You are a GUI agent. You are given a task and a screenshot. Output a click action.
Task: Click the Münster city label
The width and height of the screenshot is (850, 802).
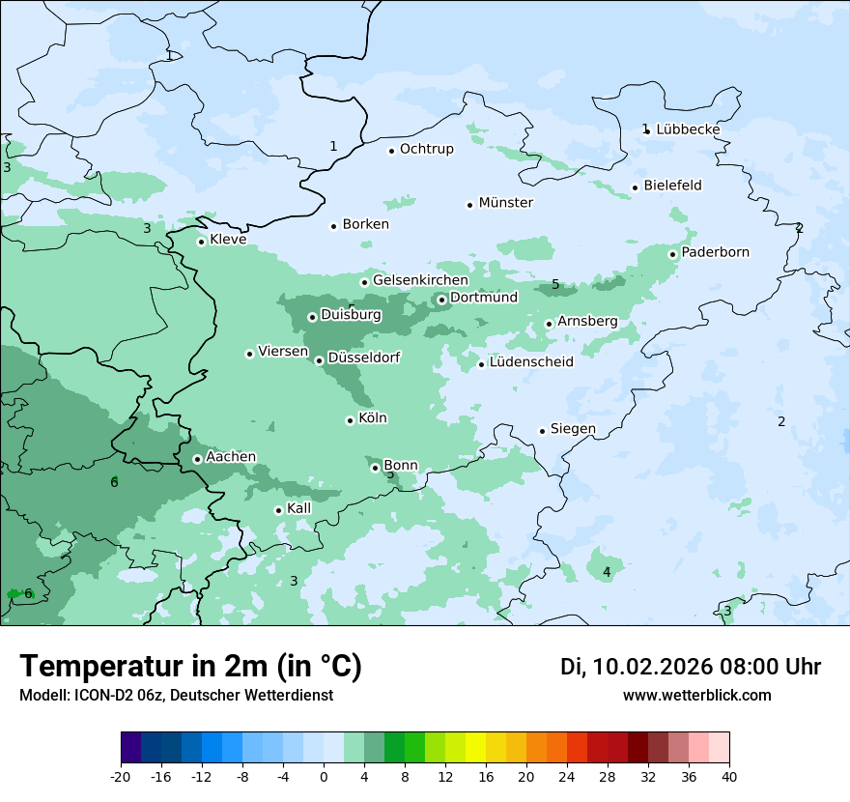coord(505,203)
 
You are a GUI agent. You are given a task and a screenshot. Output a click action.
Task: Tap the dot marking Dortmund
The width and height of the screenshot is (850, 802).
coord(441,300)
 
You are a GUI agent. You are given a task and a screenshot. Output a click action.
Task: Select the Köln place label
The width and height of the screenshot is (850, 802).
coord(372,418)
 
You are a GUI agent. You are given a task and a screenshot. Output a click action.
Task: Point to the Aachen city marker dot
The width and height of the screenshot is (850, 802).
coord(197,459)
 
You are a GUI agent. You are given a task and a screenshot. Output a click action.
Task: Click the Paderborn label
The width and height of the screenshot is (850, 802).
coord(715,253)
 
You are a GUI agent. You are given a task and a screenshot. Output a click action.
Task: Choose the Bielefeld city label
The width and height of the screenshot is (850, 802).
coord(672,186)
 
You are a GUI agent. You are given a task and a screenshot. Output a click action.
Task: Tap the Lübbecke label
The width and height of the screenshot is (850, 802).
coord(688,129)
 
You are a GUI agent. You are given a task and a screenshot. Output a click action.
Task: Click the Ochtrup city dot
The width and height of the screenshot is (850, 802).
coord(392,150)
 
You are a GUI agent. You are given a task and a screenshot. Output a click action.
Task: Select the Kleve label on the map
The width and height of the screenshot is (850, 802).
coord(228,240)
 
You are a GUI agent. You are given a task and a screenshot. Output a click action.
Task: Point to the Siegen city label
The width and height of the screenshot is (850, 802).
coord(573,429)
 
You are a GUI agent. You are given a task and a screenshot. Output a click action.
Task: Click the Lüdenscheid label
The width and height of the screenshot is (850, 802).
coord(531,362)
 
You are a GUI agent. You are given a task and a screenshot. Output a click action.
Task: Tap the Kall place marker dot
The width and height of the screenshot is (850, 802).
coord(278,510)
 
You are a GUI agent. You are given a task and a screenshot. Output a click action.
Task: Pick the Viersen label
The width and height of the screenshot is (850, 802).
coord(282,352)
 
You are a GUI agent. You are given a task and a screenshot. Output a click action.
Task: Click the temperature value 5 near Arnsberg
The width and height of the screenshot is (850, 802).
coord(555,285)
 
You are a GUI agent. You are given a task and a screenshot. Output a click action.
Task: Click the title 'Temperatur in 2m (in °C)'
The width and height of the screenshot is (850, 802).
coord(190,667)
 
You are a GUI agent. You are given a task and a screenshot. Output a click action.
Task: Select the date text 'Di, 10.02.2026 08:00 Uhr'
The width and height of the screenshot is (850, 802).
coord(690,667)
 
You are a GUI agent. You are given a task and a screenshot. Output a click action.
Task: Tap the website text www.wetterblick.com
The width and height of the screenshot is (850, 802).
coord(696,696)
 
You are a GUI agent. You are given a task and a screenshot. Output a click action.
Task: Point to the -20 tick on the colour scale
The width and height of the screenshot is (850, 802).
coord(121,776)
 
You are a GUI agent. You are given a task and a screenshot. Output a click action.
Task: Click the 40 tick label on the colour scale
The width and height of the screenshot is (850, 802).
coord(729,776)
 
